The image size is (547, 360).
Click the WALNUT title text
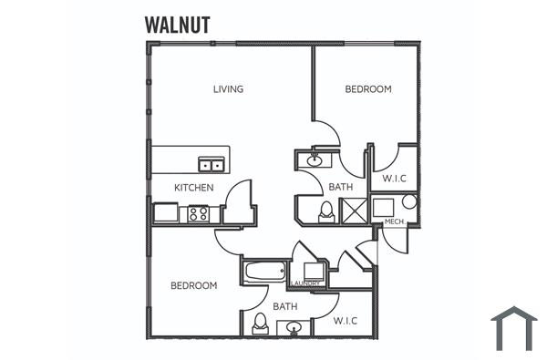(x=177, y=25)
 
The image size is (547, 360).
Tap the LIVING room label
(x=228, y=89)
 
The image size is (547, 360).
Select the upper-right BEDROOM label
(x=368, y=89)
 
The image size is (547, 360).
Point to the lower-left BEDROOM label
(x=194, y=285)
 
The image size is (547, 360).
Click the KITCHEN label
(x=194, y=188)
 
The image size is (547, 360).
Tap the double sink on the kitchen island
(x=212, y=164)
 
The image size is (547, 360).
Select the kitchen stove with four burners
(x=198, y=214)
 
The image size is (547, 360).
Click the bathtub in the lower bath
(x=264, y=271)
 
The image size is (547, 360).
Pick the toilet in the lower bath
(x=260, y=323)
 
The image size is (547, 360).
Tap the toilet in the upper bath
(x=325, y=211)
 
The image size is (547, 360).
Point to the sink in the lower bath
(x=294, y=327)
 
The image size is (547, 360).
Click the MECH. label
(x=395, y=221)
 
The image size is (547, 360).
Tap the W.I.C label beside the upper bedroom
(x=394, y=179)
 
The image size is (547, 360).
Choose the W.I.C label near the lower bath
(x=345, y=321)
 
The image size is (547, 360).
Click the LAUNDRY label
(x=306, y=283)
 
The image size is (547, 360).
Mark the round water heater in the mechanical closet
(x=408, y=201)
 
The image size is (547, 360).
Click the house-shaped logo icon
(x=513, y=328)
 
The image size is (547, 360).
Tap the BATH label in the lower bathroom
(x=285, y=307)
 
